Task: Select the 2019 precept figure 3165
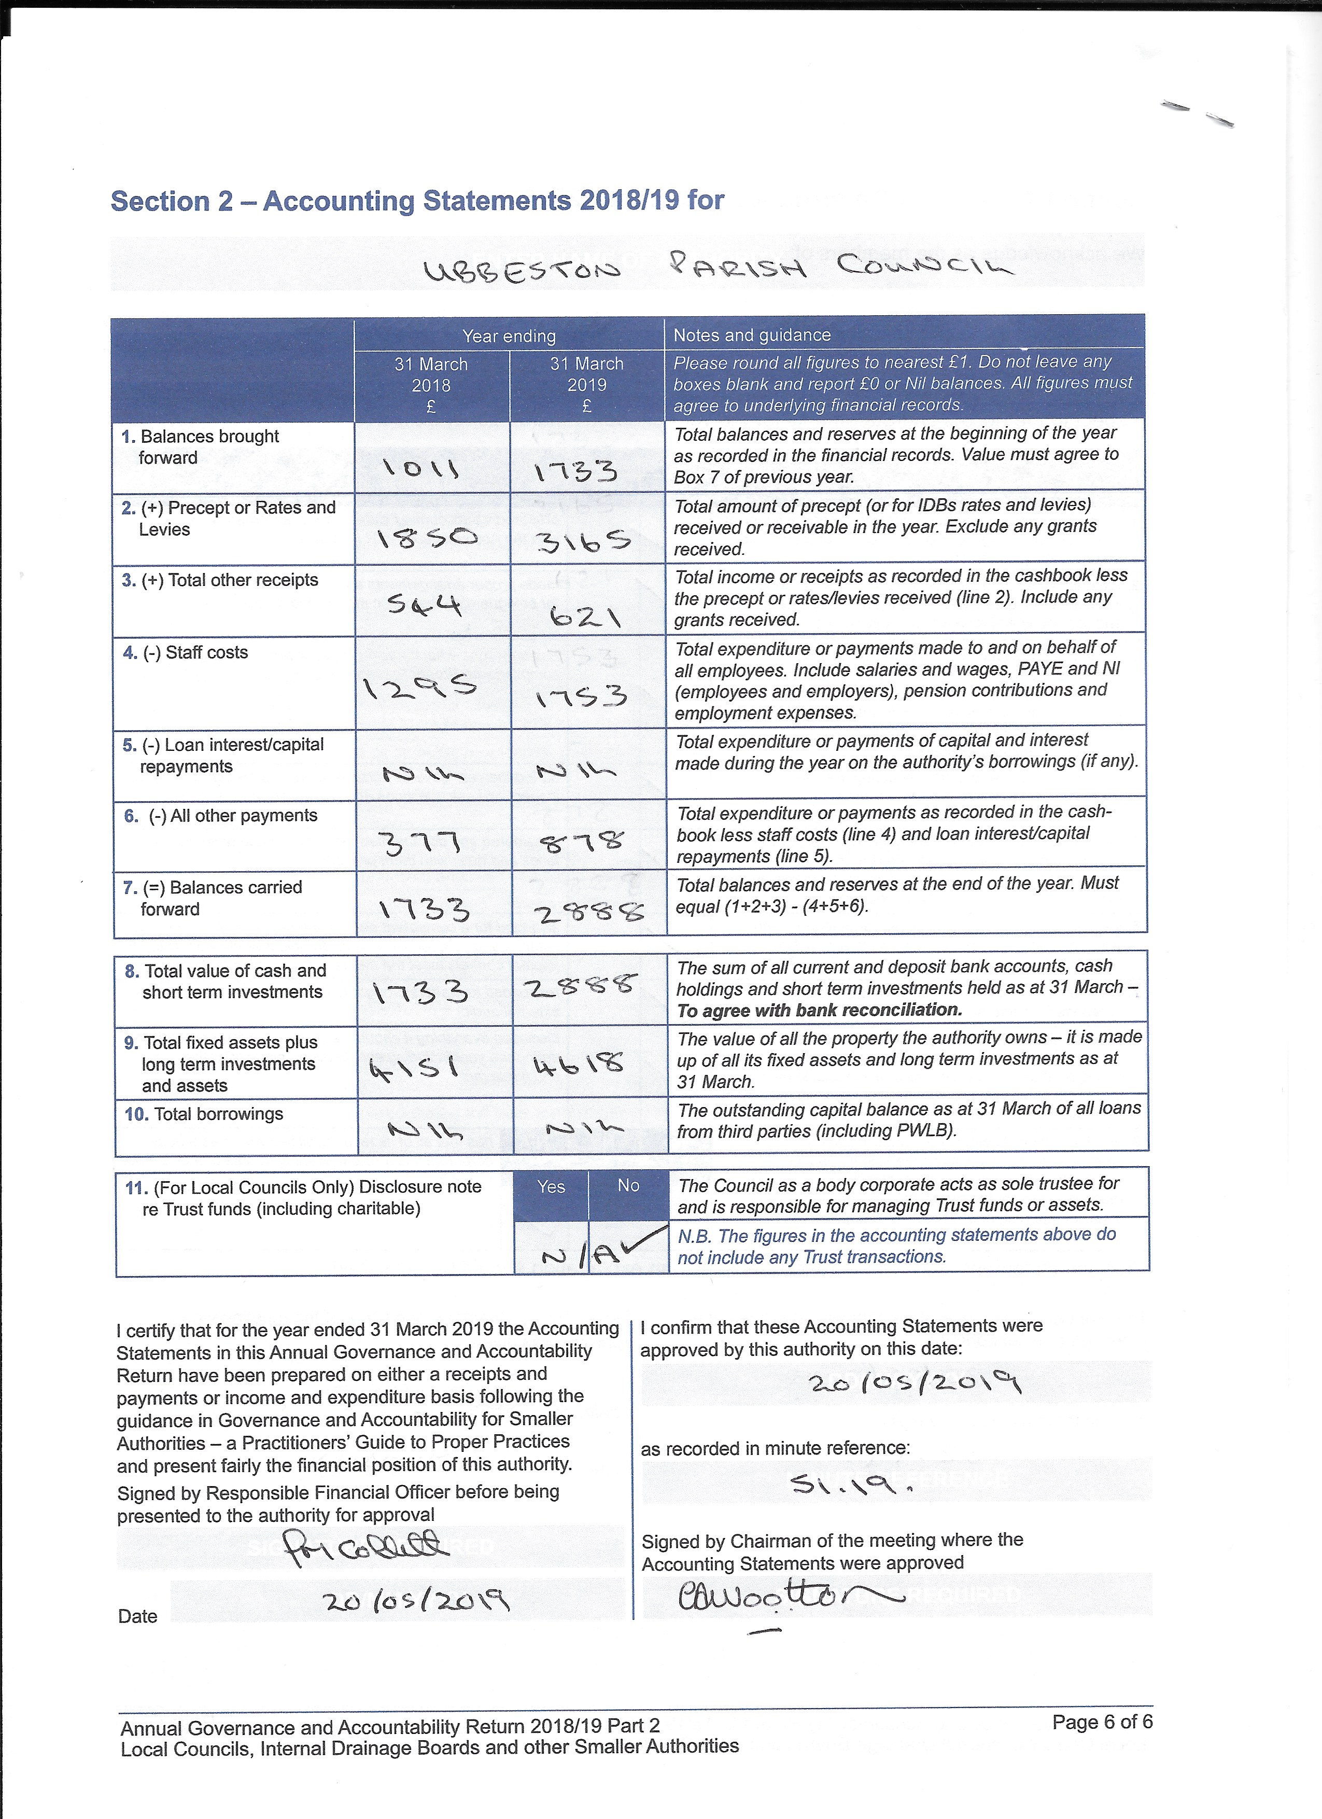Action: [x=584, y=542]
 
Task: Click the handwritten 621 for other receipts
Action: [x=585, y=616]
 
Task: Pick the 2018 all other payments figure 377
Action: [x=423, y=843]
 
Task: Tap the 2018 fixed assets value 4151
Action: [x=414, y=1068]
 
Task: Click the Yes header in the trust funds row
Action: [x=551, y=1187]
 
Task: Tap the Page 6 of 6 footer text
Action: [x=1102, y=1722]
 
